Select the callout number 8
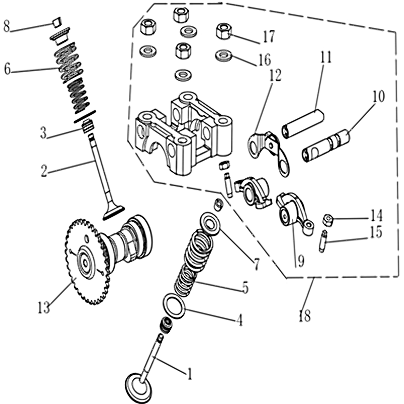tap(7, 26)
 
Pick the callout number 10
tap(378, 96)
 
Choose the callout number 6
tap(7, 69)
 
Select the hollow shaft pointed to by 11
tap(301, 124)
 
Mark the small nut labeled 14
tap(329, 220)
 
